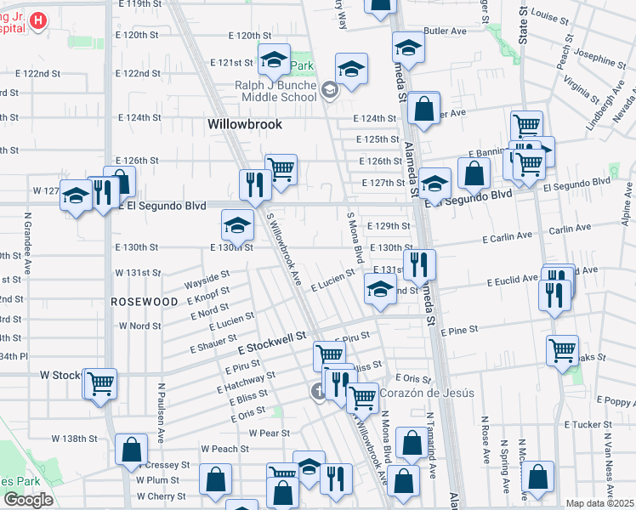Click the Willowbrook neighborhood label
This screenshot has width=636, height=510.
[245, 124]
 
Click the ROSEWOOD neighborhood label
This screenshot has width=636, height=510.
[144, 302]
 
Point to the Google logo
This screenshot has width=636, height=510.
[28, 500]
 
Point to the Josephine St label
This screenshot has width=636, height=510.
[599, 59]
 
